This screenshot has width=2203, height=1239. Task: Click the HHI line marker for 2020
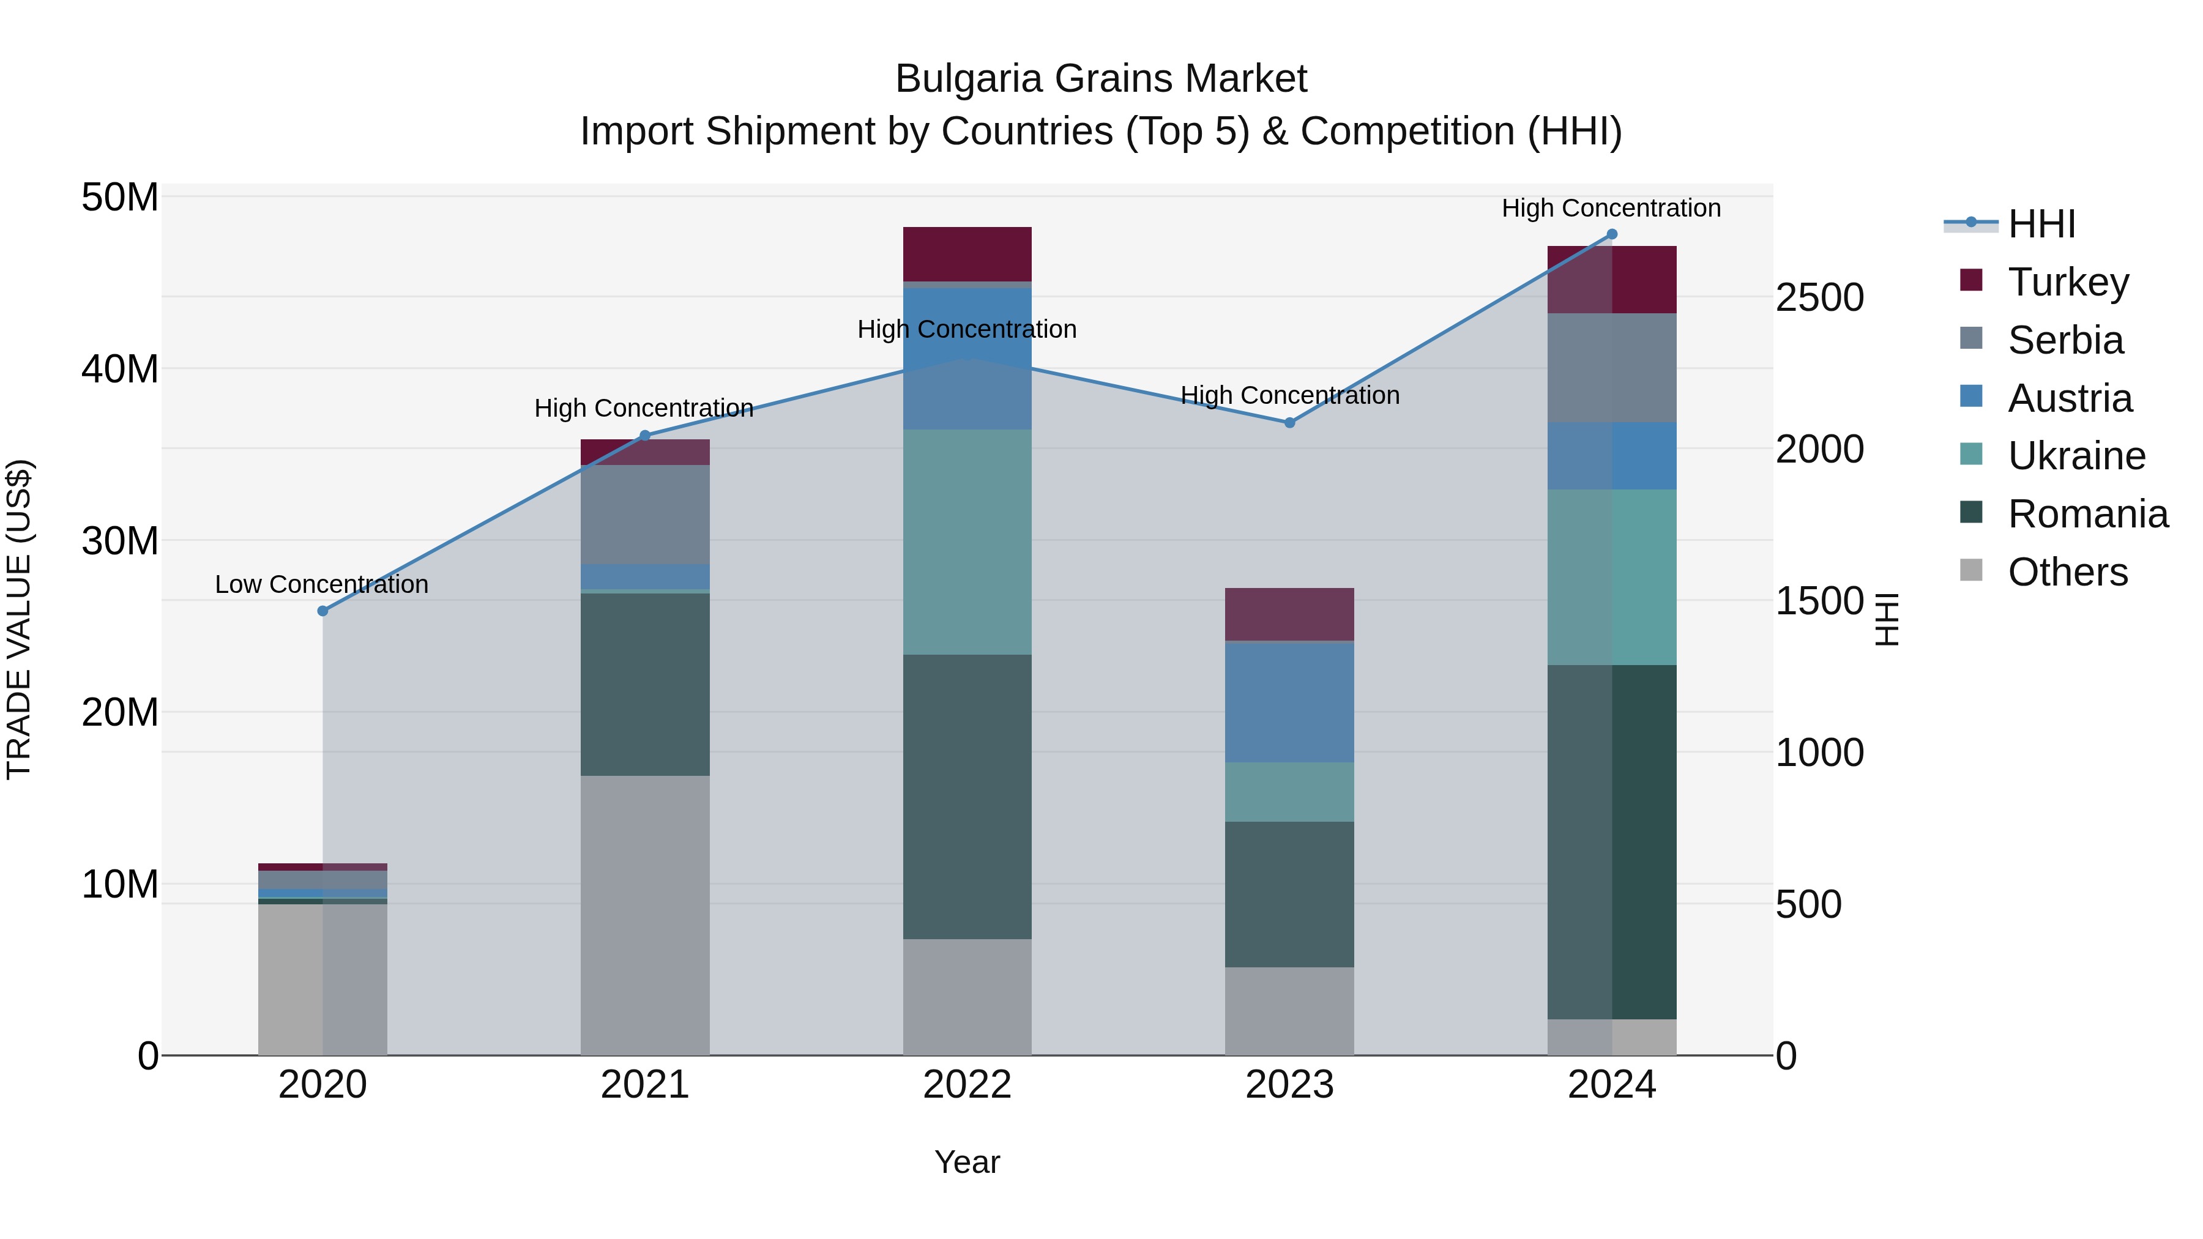coord(322,611)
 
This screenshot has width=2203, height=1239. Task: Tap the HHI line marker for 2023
coord(1289,422)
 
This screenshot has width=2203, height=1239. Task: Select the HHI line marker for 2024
coord(1612,234)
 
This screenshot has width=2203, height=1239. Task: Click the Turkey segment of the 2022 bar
coord(967,253)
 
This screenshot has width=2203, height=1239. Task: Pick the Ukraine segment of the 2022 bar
coord(967,541)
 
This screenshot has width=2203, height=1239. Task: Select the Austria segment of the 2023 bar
coord(1289,701)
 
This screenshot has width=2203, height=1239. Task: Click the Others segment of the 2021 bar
coord(645,915)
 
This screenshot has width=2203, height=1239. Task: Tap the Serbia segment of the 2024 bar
coord(1612,367)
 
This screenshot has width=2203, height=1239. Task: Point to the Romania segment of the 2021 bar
coord(645,684)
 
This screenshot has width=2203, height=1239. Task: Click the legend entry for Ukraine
coord(2076,456)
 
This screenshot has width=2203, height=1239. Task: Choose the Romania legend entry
coord(2087,514)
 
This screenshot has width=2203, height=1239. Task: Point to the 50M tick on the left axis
coord(120,198)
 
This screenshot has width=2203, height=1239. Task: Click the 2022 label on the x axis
coord(967,1085)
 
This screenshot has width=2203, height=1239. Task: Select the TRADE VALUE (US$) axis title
coord(19,619)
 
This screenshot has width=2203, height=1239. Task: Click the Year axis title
coord(967,1162)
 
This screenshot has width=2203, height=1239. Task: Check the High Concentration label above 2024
coord(1611,208)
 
